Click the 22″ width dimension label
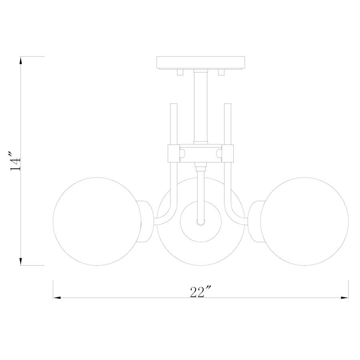click(200, 292)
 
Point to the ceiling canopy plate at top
click(201, 62)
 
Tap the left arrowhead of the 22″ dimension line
click(57, 298)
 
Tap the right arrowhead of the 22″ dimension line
click(344, 298)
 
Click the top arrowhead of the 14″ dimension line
click(20, 60)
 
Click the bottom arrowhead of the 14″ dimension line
click(20, 262)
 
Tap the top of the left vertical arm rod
click(174, 106)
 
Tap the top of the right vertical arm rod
click(228, 106)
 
